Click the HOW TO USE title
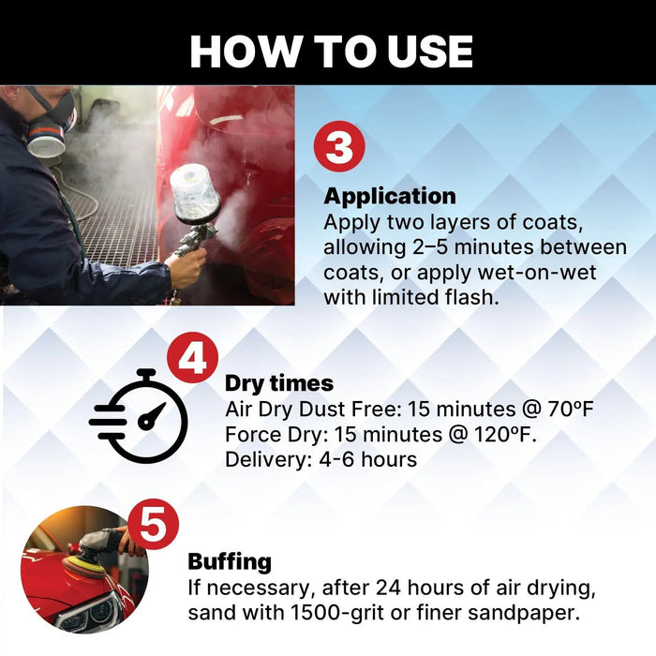[x=331, y=52]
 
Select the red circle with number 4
[x=192, y=361]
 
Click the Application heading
[x=390, y=197]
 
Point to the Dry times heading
[x=278, y=384]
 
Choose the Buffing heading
[x=230, y=562]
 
